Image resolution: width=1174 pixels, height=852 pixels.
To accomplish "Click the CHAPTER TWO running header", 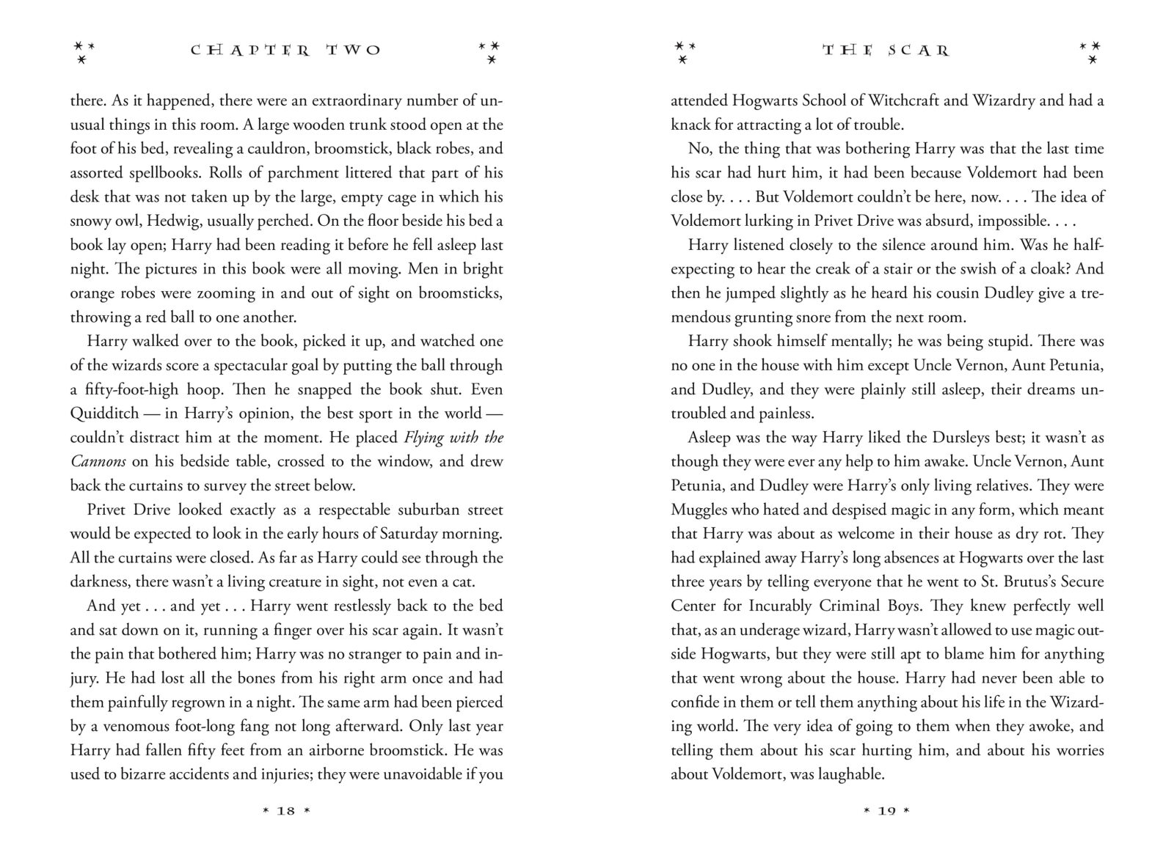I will click(x=285, y=51).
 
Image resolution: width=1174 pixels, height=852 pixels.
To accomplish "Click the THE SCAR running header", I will click(x=886, y=51).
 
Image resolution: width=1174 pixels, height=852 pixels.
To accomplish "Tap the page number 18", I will click(x=285, y=811).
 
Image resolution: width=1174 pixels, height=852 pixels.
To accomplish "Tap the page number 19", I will click(x=886, y=811).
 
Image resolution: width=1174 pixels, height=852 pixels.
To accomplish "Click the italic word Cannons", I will click(x=98, y=462).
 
